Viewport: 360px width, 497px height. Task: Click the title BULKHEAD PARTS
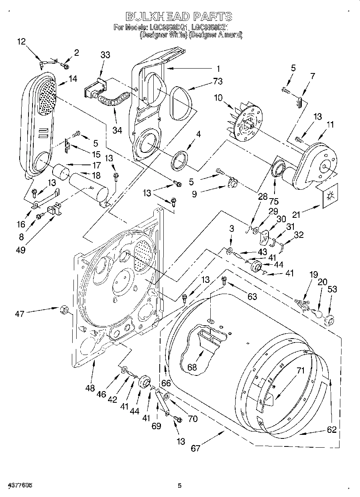point(179,16)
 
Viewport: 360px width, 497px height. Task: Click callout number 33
point(105,55)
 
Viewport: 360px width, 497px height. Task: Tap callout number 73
point(218,81)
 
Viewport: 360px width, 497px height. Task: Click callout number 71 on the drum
point(300,371)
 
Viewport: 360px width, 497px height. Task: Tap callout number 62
point(332,430)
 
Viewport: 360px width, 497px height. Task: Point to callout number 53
point(332,289)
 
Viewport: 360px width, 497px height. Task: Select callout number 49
point(21,250)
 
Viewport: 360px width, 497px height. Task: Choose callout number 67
point(195,448)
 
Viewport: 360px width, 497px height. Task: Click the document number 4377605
point(16,485)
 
